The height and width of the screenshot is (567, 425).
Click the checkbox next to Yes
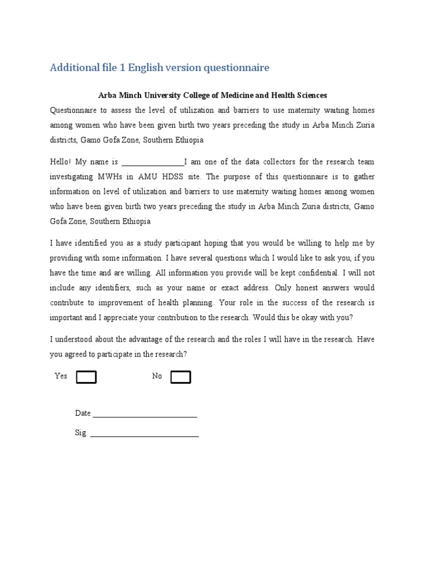(x=86, y=377)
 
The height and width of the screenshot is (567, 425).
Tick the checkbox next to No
(x=180, y=377)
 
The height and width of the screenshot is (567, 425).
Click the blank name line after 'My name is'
(x=153, y=164)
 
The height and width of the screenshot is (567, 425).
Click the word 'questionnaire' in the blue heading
(x=237, y=68)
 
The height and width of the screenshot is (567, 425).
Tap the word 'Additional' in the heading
(x=72, y=68)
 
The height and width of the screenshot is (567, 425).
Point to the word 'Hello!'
(x=60, y=162)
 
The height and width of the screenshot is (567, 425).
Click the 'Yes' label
(x=61, y=376)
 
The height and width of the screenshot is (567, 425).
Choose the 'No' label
(x=157, y=376)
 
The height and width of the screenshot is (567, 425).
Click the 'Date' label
(x=82, y=413)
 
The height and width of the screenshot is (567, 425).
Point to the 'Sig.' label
(x=81, y=433)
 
